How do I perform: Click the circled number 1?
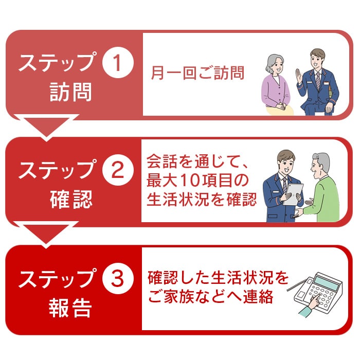tap(118, 62)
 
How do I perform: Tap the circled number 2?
tap(118, 170)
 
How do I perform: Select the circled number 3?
tap(118, 279)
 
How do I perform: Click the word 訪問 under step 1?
tap(71, 92)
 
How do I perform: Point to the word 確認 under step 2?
tap(71, 199)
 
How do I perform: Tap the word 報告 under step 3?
tap(70, 308)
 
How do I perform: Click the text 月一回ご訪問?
tap(197, 73)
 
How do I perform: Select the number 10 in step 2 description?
tap(189, 180)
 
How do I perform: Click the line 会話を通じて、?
tap(197, 161)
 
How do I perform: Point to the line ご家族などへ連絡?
tap(210, 296)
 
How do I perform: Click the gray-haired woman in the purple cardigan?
tap(277, 85)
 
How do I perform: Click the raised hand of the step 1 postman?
tap(299, 76)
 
